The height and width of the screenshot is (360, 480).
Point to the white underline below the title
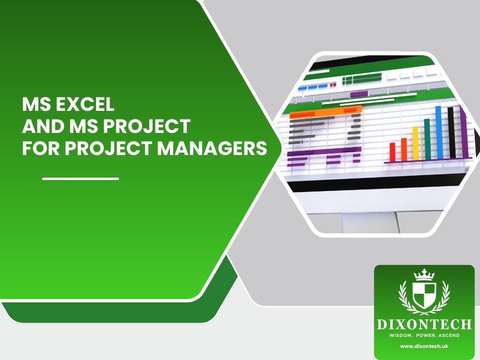coord(80,179)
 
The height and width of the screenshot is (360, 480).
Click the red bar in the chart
coord(392,152)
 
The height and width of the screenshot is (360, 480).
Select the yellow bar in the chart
coord(416,143)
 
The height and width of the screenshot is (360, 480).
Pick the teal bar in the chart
coord(427,139)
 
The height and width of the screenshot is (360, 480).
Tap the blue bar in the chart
coord(439,132)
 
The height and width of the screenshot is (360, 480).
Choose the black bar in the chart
coord(451,132)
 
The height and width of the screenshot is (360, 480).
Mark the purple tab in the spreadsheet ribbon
coord(359,94)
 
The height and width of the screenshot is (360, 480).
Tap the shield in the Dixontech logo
coord(424,294)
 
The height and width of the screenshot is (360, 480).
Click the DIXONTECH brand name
coord(424,324)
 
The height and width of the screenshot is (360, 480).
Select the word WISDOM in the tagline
coord(398,335)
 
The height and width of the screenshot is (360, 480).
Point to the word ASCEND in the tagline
coord(446,335)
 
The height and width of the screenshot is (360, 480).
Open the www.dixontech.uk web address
coord(424,346)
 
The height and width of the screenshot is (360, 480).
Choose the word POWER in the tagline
coord(422,335)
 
